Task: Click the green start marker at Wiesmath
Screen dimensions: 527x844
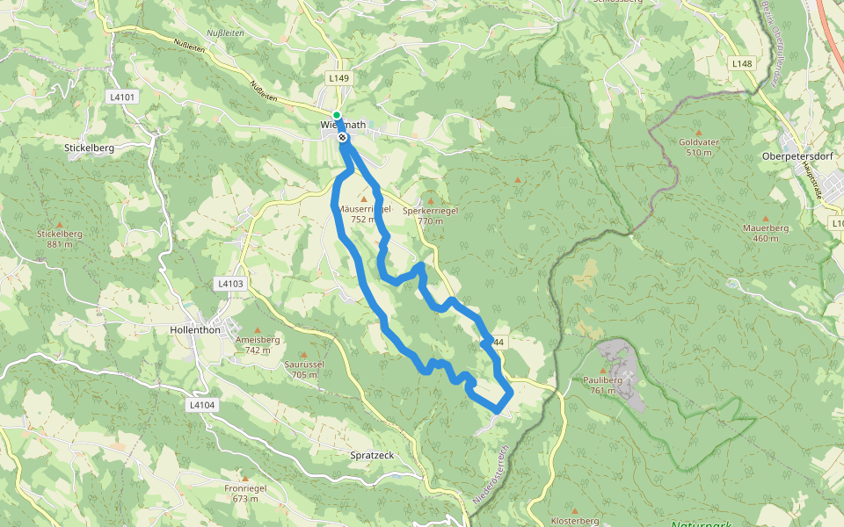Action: pos(337,115)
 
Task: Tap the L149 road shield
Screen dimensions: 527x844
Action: pos(339,78)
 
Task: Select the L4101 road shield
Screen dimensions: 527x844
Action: pos(124,97)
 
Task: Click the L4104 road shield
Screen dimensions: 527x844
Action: pos(201,405)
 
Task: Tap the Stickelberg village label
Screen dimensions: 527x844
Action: pos(90,148)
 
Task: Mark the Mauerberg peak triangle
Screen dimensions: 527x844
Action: pos(765,218)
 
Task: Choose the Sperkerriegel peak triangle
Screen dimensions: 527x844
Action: pos(430,200)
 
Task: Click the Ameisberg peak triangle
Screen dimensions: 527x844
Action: pos(258,329)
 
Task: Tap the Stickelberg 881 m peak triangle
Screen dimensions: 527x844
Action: pos(60,224)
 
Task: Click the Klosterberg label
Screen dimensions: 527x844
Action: pos(576,520)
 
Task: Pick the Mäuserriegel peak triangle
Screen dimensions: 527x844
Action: pos(363,199)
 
